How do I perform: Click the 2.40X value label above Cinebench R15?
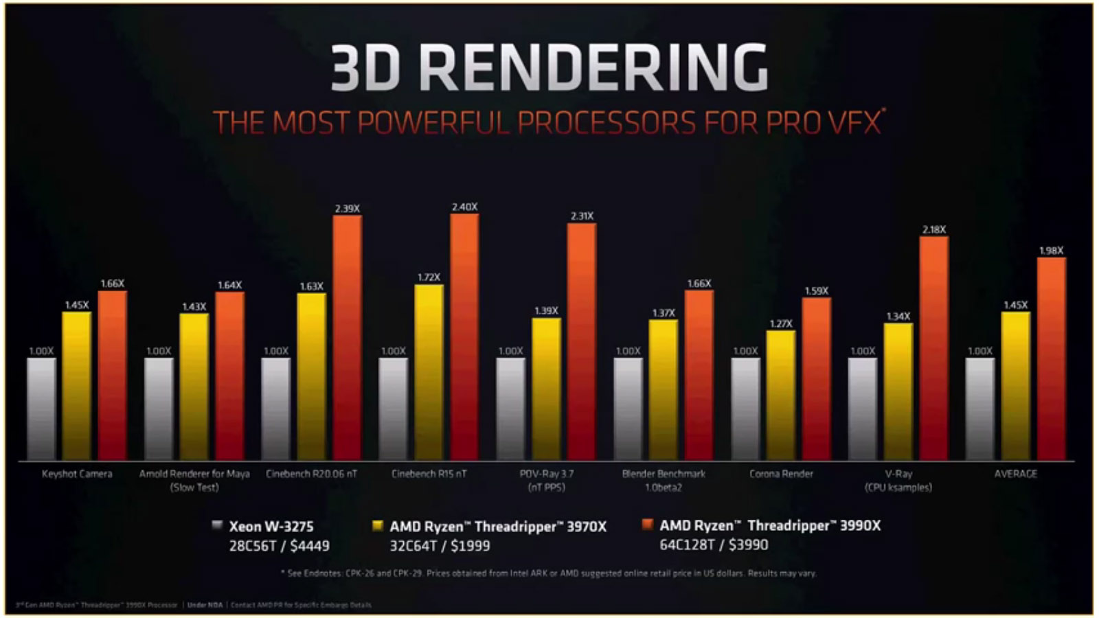(464, 207)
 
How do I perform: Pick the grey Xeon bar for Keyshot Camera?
(41, 409)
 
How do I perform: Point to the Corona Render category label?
(781, 474)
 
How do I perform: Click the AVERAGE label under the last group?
(1015, 474)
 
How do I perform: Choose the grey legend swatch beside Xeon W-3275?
(217, 525)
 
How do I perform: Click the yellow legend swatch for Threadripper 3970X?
(377, 525)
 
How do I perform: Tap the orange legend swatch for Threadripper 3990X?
(646, 525)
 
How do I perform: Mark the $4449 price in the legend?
(310, 546)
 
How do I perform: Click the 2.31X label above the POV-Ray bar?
(582, 216)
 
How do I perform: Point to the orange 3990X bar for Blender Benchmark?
(699, 375)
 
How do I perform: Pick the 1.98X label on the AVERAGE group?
(1051, 251)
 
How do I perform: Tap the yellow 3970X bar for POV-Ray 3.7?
(546, 389)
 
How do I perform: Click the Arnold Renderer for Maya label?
(194, 474)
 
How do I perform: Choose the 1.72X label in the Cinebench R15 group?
(429, 277)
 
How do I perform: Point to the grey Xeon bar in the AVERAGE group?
(979, 409)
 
